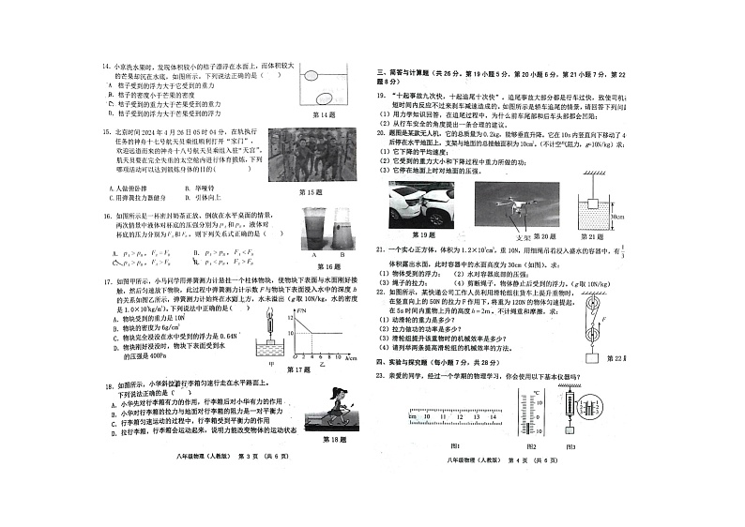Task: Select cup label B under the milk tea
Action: (342, 253)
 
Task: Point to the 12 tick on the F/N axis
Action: (291, 317)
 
